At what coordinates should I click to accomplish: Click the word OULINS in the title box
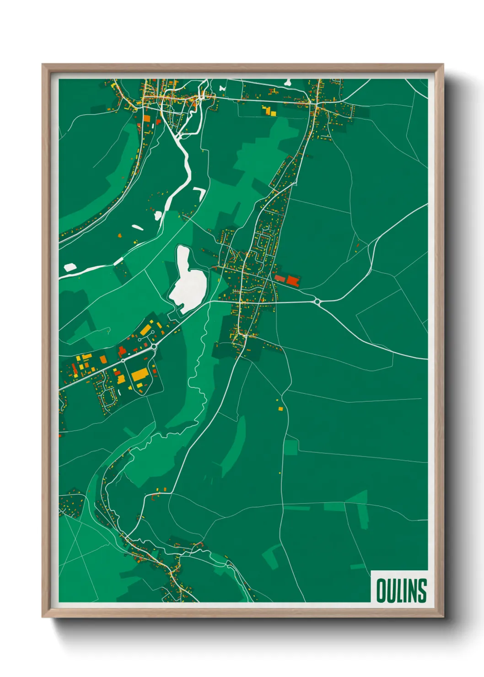click(x=401, y=591)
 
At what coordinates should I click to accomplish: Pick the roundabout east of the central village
click(x=317, y=301)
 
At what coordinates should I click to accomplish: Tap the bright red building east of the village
click(x=293, y=280)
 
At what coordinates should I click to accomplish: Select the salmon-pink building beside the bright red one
click(x=280, y=278)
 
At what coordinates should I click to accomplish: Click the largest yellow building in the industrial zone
click(x=140, y=375)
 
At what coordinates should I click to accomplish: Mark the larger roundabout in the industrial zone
click(x=154, y=347)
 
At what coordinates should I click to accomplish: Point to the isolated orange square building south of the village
click(x=280, y=408)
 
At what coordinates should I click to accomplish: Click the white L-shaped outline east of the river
click(x=200, y=192)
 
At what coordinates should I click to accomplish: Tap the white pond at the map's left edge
click(x=70, y=267)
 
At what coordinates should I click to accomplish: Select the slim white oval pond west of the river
click(x=137, y=226)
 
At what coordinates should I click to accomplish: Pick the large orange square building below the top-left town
click(x=147, y=118)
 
